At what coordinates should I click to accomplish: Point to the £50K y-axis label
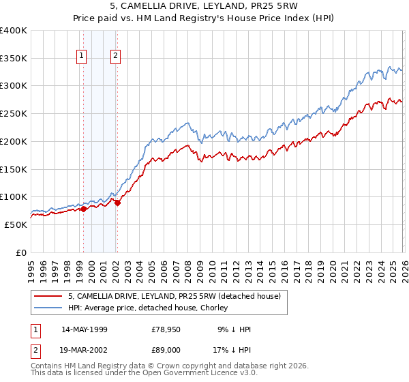tap(16, 224)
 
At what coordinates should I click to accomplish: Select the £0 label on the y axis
tap(22, 252)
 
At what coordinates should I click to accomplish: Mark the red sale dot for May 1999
tap(83, 209)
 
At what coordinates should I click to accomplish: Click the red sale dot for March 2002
tap(117, 203)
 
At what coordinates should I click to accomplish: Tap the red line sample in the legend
tap(48, 296)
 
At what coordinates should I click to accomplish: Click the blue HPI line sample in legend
tap(48, 308)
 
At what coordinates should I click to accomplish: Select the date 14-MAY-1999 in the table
tap(85, 329)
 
